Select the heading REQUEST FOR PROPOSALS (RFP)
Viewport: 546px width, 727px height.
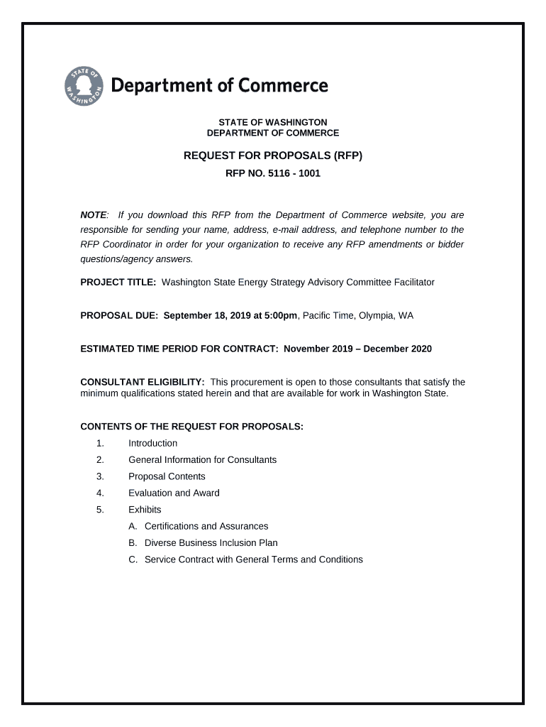coord(273,155)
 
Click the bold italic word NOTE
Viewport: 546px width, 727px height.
coord(93,215)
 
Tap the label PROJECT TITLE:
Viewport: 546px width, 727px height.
coord(118,282)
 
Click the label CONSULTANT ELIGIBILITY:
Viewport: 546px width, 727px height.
coord(143,382)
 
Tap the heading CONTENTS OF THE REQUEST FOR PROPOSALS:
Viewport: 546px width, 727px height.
coord(191,427)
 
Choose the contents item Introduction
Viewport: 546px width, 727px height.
coord(152,443)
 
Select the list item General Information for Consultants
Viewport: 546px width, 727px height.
coord(202,459)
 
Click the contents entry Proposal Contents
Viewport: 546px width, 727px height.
coord(167,476)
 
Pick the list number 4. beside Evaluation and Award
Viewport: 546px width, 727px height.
coord(100,493)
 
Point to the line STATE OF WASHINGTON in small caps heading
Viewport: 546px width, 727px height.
coord(273,122)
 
